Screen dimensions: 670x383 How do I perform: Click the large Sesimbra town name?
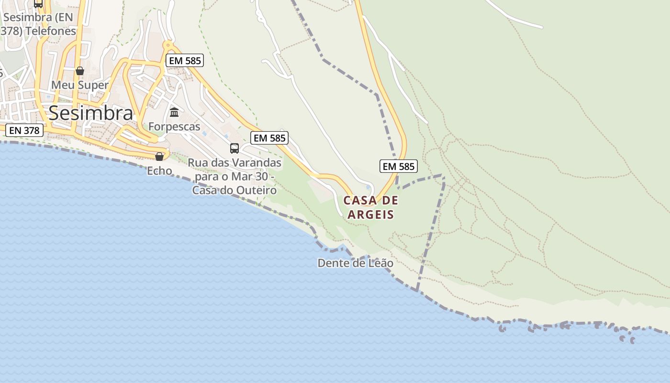pos(91,113)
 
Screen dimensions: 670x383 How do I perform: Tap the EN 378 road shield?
pos(24,130)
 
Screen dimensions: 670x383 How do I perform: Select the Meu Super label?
pos(80,85)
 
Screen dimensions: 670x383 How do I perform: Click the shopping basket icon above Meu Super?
pos(80,71)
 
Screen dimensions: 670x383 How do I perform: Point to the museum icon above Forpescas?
pos(174,113)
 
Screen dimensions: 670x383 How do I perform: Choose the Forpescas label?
pos(174,126)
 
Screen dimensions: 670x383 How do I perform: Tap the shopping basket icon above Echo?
pos(159,157)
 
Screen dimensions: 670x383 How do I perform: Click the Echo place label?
pos(159,170)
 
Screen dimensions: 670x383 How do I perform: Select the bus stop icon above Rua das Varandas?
pos(234,148)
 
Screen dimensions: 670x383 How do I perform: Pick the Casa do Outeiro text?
pos(234,191)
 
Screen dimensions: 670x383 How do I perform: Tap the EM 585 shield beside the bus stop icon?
pos(269,138)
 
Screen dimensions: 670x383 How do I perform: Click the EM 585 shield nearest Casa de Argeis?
pos(399,167)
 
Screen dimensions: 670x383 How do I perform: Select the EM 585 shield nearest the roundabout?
pos(185,60)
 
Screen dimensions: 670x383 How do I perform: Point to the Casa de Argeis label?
pos(371,207)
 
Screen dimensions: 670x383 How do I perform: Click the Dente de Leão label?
pos(356,263)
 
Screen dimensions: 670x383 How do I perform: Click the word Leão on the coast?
pos(381,263)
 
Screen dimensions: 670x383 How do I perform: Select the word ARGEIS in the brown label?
pos(371,214)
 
